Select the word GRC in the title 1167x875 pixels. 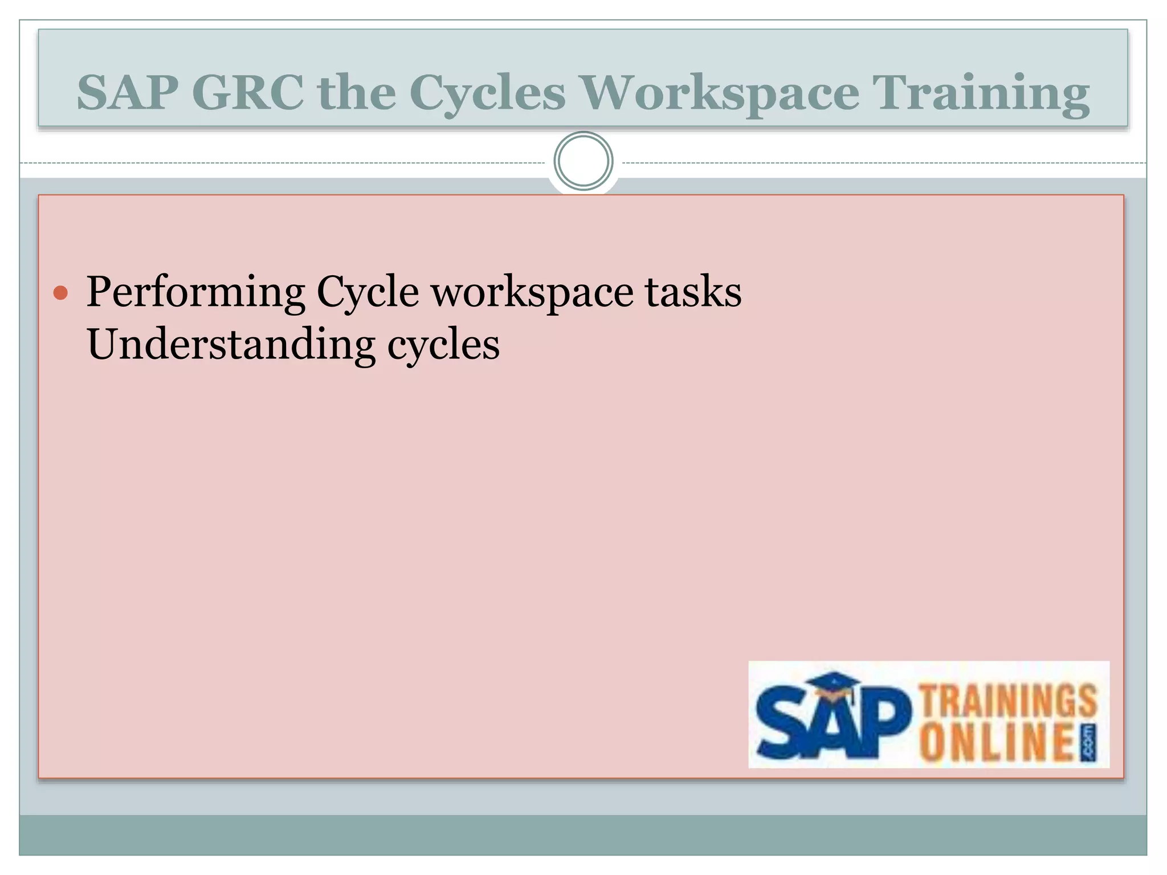point(248,92)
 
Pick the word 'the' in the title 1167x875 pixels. point(357,92)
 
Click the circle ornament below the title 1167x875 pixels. point(583,161)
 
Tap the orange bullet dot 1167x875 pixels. point(60,293)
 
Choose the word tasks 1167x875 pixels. point(693,292)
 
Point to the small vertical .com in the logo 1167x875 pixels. point(1088,743)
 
